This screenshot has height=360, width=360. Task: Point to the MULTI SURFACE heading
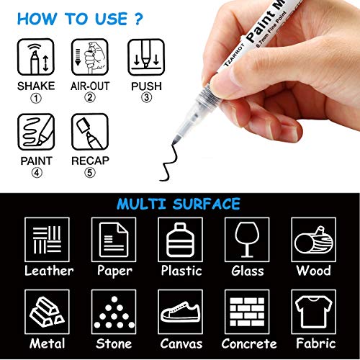coord(180,204)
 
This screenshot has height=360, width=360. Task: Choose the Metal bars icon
coord(48,312)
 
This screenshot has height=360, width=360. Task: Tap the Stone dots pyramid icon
coord(114,312)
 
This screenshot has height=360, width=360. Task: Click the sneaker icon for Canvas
coord(180,312)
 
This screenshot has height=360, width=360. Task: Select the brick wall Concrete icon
coord(247,312)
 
